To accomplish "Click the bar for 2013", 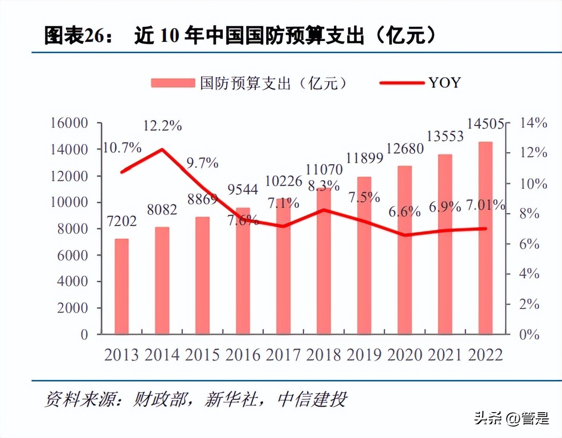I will [122, 286].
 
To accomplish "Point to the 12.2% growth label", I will [163, 126].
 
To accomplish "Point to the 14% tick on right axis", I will [532, 123].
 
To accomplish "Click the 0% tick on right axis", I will [529, 334].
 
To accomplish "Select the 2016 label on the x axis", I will [243, 355].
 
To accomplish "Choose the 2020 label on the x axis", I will [405, 355].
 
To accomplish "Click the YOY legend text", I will [444, 83].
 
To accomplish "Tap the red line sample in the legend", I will [401, 83].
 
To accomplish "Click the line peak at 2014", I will [162, 149].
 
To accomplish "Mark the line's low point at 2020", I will [405, 235].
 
